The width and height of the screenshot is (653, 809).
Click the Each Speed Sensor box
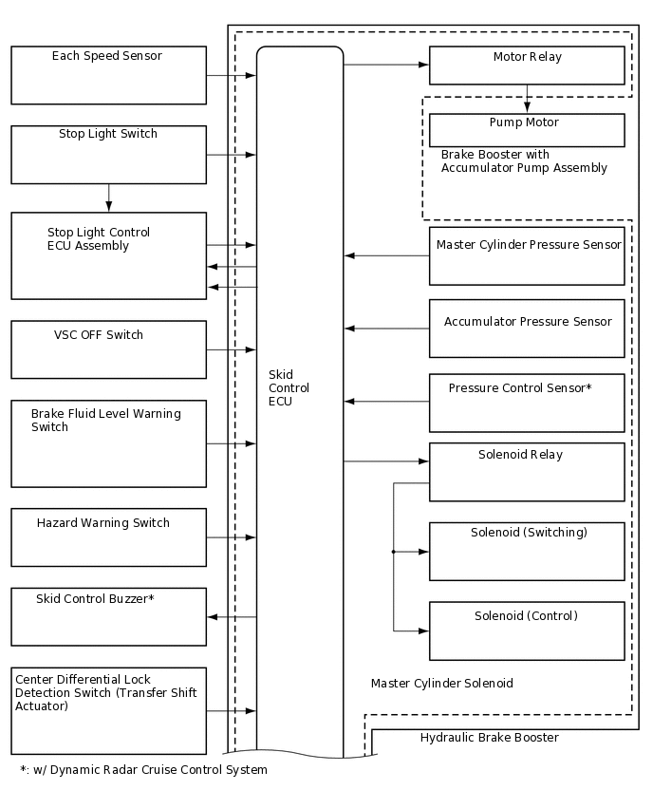(x=108, y=75)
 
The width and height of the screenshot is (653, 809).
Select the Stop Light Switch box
(x=108, y=155)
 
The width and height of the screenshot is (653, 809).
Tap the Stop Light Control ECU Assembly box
(x=108, y=255)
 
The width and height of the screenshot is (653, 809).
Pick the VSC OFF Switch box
(x=108, y=349)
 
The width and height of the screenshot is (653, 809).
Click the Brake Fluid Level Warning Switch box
(x=108, y=443)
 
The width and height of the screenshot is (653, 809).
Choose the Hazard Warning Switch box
(x=108, y=537)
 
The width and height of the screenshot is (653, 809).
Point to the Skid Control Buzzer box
(x=108, y=616)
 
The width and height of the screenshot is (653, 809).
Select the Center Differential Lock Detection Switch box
(x=108, y=710)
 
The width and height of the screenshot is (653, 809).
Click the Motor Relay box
(x=527, y=66)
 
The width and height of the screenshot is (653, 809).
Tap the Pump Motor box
(x=527, y=130)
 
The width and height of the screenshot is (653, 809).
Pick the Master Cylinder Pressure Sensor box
(x=527, y=255)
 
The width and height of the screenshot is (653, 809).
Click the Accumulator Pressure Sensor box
(x=527, y=329)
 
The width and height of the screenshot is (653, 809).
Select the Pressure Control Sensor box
(x=527, y=403)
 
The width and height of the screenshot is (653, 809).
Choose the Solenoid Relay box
(x=527, y=472)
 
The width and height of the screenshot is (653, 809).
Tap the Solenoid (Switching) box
(x=527, y=551)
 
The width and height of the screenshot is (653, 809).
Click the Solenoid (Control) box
(x=527, y=630)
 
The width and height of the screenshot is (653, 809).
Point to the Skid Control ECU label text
(x=289, y=388)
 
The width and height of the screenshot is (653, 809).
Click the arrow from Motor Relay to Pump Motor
(x=527, y=100)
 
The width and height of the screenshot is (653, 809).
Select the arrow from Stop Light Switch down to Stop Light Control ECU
(x=109, y=198)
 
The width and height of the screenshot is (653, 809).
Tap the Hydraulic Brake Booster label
(x=489, y=738)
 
